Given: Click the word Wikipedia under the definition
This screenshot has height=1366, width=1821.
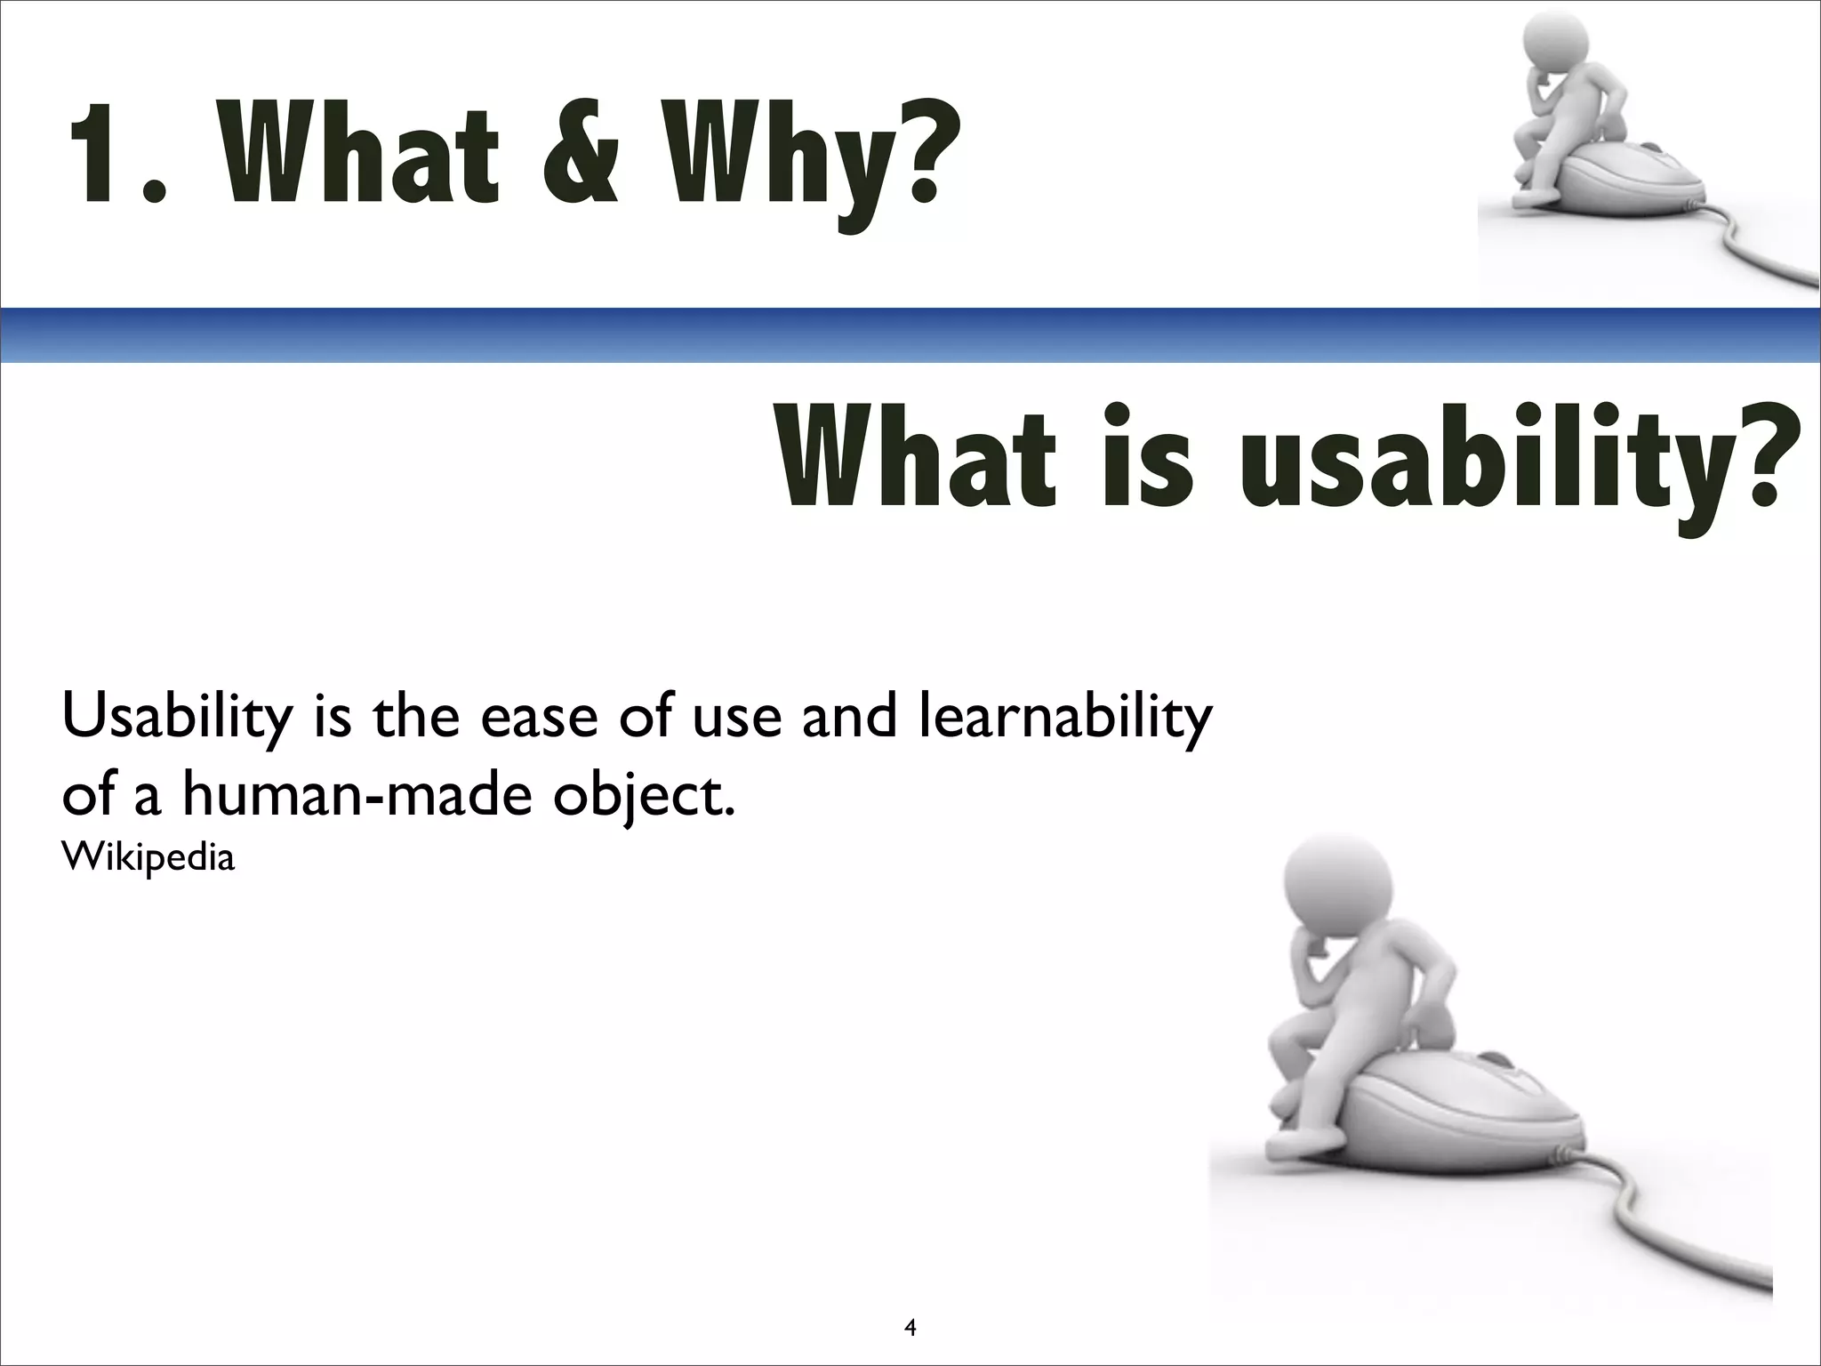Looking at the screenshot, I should [148, 857].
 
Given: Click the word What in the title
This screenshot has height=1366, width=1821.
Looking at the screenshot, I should [360, 153].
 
